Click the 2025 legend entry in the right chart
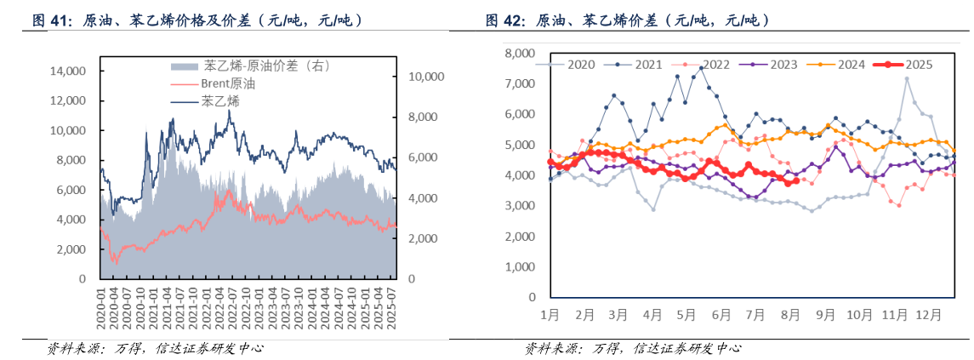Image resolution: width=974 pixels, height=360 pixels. [918, 64]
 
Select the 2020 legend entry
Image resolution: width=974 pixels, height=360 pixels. [580, 64]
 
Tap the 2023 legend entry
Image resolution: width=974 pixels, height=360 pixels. [783, 64]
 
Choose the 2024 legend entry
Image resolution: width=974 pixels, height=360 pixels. [850, 64]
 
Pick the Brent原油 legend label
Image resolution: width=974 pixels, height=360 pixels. [227, 83]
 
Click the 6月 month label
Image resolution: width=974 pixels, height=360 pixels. [720, 314]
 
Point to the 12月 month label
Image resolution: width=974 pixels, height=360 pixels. [927, 314]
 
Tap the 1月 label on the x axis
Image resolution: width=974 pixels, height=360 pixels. [550, 314]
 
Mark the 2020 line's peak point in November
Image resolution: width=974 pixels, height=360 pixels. [907, 79]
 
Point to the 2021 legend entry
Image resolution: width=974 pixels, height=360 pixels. [648, 64]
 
